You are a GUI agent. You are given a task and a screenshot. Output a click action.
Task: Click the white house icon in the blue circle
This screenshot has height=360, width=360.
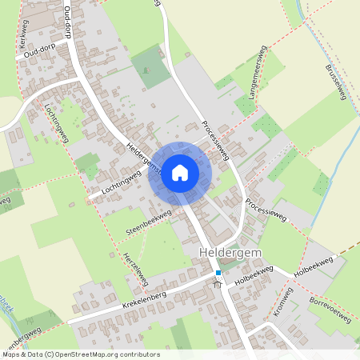pyautogui.click(x=180, y=172)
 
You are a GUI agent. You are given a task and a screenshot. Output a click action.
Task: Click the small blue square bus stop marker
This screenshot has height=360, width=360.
pyautogui.click(x=218, y=273)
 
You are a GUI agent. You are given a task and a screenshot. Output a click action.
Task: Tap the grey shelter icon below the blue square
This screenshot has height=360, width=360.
pyautogui.click(x=218, y=283)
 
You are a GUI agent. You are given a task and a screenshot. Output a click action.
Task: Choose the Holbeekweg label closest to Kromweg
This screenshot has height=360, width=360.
pyautogui.click(x=255, y=277)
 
